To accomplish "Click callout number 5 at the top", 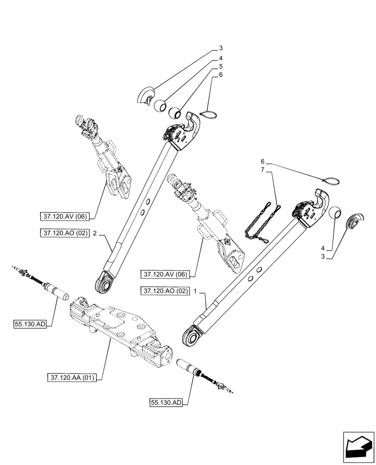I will coord(221,66).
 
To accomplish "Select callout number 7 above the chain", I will coord(263,170).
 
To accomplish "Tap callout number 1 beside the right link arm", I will coord(196,291).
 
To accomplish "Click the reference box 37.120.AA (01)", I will coord(71,378).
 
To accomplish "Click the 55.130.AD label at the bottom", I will coord(166,402).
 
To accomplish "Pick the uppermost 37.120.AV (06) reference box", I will coord(64,215).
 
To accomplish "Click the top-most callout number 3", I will coord(221,48).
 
